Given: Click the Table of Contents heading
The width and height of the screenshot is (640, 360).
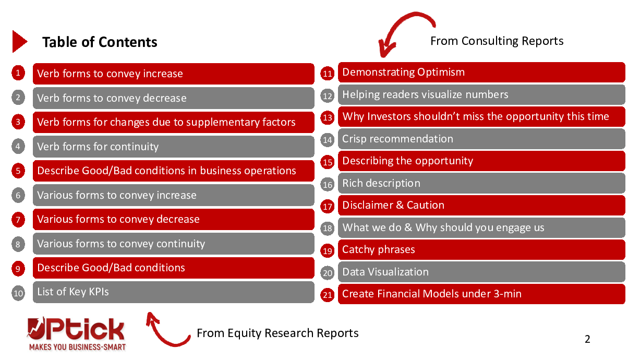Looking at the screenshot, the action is [x=100, y=42].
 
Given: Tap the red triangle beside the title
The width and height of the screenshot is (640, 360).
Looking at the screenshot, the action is [x=19, y=41].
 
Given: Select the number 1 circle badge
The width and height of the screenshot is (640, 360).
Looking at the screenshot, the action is [x=18, y=73].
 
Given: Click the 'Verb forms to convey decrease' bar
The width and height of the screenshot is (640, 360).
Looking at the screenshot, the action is [x=173, y=98].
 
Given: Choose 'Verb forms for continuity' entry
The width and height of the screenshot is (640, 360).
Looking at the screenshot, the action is [x=173, y=147].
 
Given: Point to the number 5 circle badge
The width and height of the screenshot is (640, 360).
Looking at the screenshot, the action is [x=18, y=171].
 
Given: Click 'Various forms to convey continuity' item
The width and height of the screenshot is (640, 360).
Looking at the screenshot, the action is [x=173, y=244].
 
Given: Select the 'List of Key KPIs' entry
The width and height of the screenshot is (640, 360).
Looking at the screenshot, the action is [x=173, y=292].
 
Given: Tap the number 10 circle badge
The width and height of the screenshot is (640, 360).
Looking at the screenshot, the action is [x=18, y=293].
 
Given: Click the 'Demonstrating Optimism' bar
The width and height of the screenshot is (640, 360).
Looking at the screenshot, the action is [x=481, y=73].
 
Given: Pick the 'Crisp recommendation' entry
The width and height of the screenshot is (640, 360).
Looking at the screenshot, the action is [x=481, y=139].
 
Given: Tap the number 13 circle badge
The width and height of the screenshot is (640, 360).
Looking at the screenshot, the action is [x=328, y=118].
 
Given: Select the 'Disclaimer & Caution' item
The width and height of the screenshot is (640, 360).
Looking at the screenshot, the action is [x=481, y=205].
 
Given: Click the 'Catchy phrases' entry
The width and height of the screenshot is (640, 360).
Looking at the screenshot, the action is [x=481, y=250].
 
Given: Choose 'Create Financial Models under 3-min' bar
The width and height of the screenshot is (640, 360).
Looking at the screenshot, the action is [x=481, y=294].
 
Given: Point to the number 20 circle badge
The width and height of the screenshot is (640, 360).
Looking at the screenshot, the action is [x=328, y=273].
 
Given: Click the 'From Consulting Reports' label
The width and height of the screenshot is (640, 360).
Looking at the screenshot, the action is [x=497, y=41].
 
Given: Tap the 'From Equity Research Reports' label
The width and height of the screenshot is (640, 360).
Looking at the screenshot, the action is [x=277, y=333].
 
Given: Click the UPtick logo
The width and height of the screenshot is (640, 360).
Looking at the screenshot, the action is [x=77, y=334].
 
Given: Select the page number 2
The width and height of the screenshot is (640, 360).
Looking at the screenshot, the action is [x=587, y=339].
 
